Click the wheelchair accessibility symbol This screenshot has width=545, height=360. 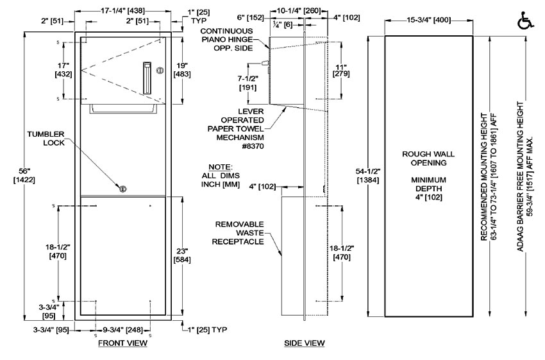(x=524, y=21)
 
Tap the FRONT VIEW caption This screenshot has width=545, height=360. (x=122, y=344)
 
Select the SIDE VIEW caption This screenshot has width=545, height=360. (x=305, y=344)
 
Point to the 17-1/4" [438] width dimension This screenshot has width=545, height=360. (x=121, y=11)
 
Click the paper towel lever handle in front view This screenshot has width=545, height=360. (x=147, y=78)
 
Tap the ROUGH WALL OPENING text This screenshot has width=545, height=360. (x=428, y=159)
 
